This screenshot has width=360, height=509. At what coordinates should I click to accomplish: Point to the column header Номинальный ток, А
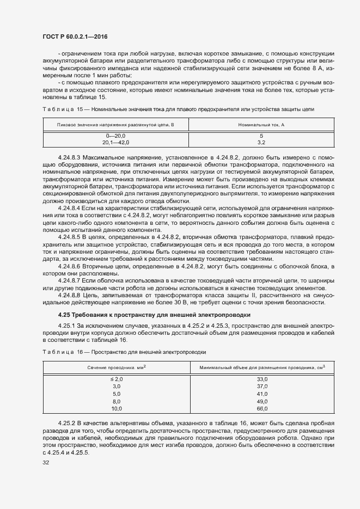(x=261, y=125)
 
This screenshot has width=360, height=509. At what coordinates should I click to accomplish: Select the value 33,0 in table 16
(x=263, y=379)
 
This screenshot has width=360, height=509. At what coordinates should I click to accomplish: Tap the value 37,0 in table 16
(x=263, y=386)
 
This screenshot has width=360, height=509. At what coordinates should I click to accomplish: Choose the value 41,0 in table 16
(x=263, y=394)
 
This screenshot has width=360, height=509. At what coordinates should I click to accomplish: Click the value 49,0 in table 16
(x=263, y=401)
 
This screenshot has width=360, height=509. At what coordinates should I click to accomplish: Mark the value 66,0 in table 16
(x=263, y=408)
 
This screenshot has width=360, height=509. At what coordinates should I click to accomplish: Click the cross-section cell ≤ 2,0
(x=117, y=379)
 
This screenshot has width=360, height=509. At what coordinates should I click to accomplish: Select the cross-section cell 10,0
(x=117, y=408)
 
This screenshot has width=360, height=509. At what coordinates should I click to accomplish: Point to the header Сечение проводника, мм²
(x=117, y=367)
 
